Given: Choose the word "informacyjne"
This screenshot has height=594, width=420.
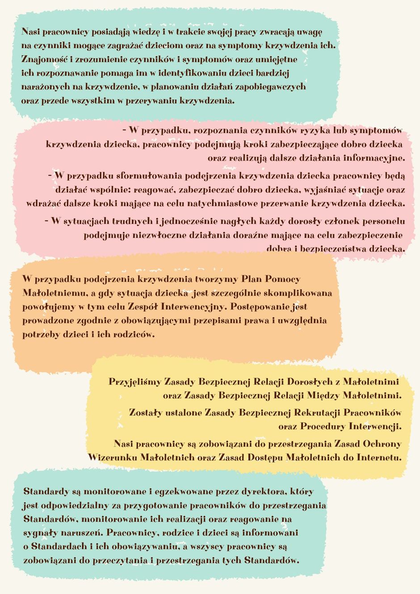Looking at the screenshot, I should (374, 158).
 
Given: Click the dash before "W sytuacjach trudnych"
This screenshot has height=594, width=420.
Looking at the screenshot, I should (46, 220).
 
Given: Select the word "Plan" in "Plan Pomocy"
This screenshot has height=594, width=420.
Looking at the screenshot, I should (251, 279).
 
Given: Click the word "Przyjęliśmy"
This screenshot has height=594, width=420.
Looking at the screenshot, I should (134, 382).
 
